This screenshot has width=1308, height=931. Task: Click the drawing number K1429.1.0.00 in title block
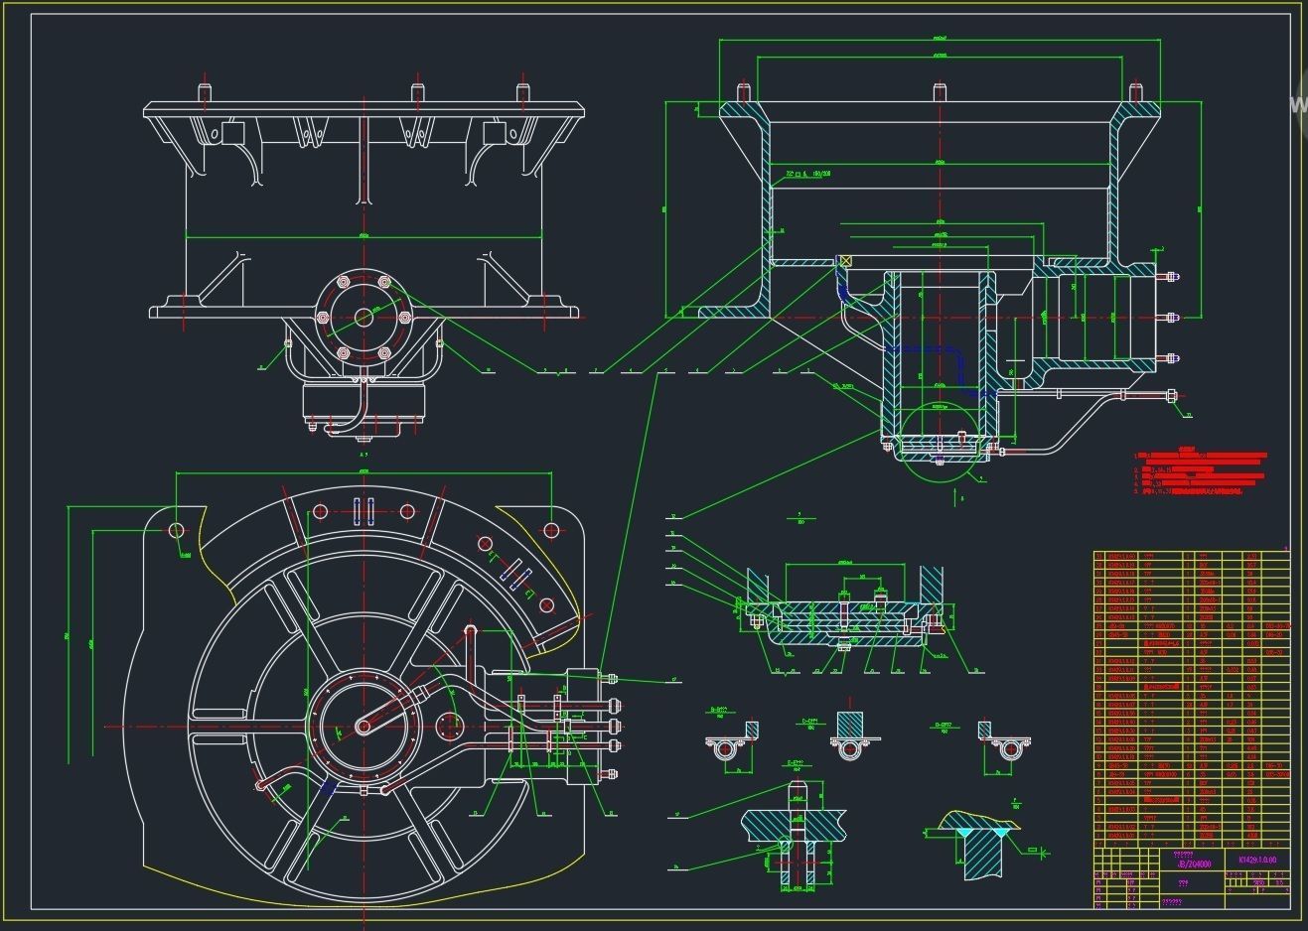pyautogui.click(x=1256, y=860)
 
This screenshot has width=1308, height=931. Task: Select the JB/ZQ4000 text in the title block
pyautogui.click(x=1191, y=863)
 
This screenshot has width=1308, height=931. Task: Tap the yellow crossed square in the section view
pyautogui.click(x=846, y=262)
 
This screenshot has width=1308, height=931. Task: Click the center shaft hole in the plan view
pyautogui.click(x=363, y=727)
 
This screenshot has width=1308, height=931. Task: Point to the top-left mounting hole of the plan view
pyautogui.click(x=177, y=530)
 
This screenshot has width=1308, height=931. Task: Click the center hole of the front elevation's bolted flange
pyautogui.click(x=363, y=318)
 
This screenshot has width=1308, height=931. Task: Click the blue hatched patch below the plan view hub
pyautogui.click(x=328, y=787)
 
